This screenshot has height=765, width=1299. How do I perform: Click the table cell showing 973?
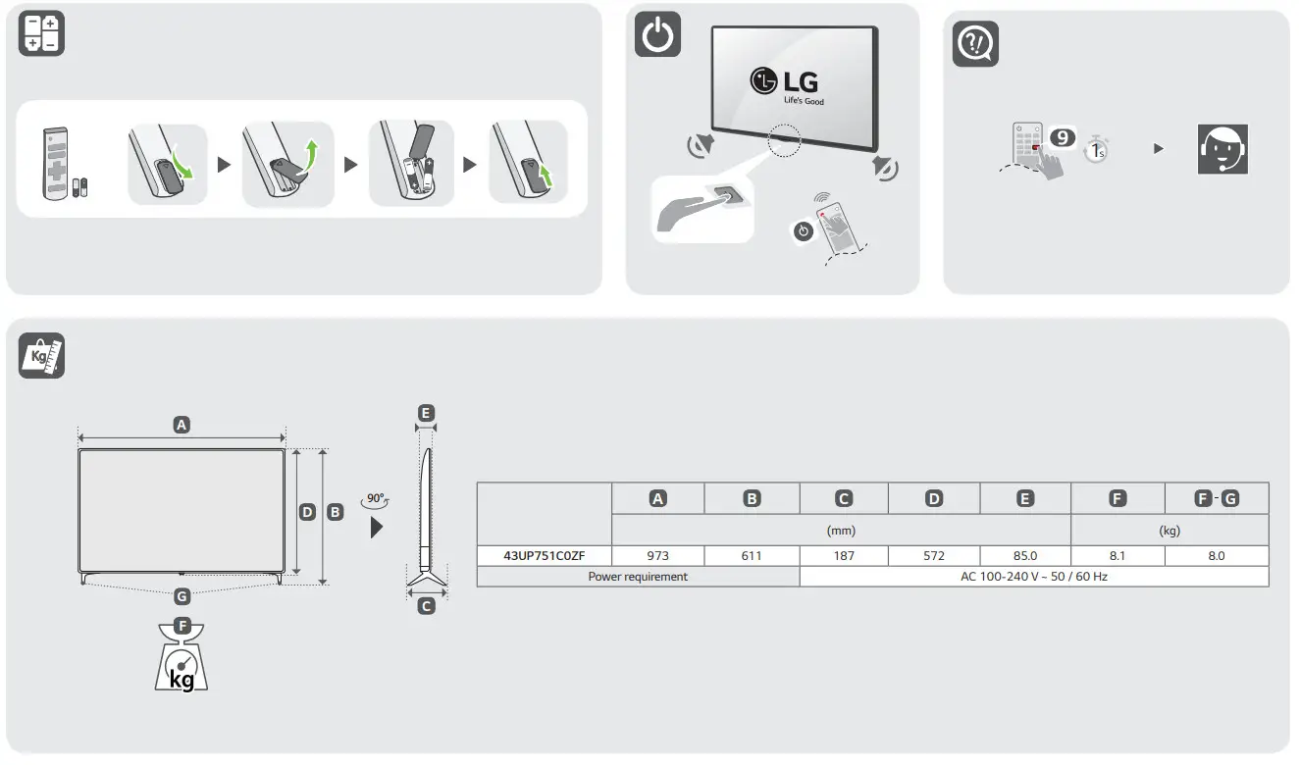point(658,555)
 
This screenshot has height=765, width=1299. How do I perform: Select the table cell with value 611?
point(752,555)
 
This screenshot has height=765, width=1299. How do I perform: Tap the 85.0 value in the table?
point(1024,555)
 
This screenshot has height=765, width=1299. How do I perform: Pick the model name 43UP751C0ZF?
point(544,555)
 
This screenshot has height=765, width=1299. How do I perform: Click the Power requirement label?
point(638,577)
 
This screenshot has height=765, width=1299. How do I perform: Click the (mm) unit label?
point(841,530)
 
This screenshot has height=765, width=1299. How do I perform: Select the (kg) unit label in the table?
point(1169,530)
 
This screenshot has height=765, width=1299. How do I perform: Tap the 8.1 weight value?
point(1117,555)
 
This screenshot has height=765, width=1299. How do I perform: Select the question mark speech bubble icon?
point(975,44)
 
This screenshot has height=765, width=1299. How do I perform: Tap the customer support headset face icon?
point(1222,150)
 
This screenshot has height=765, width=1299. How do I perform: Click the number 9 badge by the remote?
point(1063,137)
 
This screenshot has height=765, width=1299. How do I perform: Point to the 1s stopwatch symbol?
point(1096,151)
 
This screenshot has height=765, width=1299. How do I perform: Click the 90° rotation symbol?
point(375,499)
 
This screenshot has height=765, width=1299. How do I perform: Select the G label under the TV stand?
point(182,595)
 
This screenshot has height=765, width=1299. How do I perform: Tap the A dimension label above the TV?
point(182,425)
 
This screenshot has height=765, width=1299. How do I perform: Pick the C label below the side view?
point(426,606)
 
